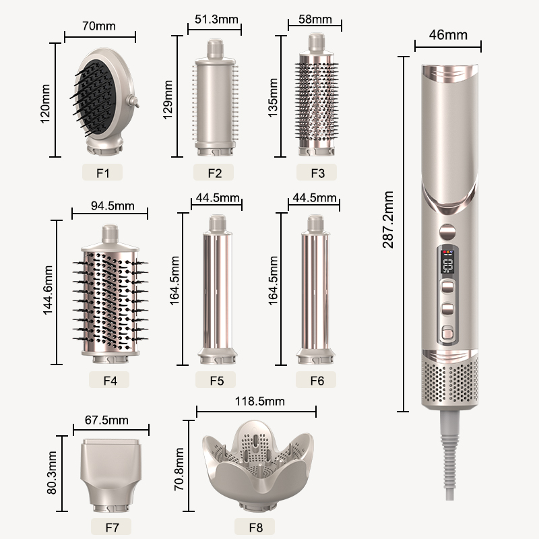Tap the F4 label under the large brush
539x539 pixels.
point(110,380)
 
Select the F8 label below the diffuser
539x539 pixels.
point(254,528)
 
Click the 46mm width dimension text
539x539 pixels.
point(447,35)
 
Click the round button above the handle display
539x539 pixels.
point(446,231)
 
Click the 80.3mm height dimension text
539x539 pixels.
point(51,474)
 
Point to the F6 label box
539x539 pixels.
point(317,380)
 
